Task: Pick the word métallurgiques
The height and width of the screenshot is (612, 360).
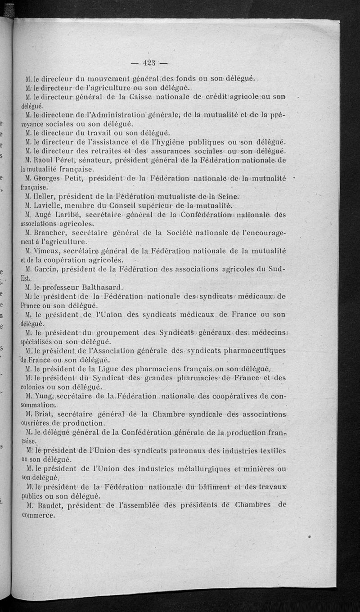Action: pyautogui.click(x=204, y=468)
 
